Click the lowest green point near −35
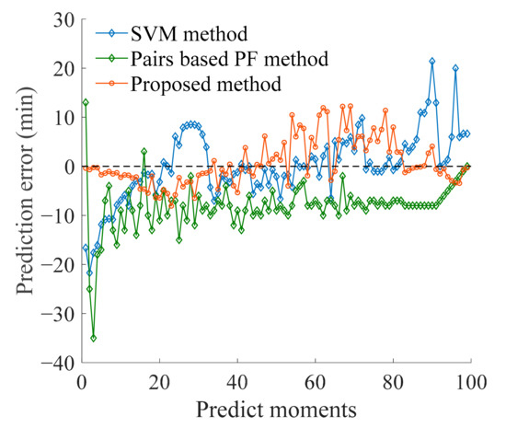pos(94,338)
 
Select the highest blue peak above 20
pos(432,62)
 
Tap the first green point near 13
pos(86,102)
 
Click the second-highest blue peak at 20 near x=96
pos(455,68)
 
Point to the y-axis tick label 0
pos(67,167)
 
